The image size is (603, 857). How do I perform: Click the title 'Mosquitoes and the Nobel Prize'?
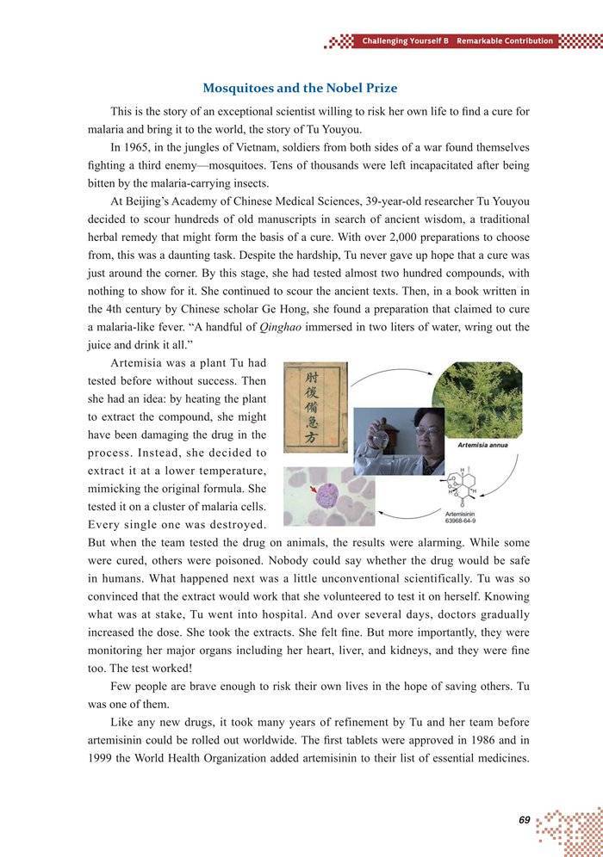coord(299,88)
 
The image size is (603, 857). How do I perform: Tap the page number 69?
coord(524,820)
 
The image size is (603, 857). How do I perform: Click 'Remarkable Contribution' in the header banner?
coord(505,41)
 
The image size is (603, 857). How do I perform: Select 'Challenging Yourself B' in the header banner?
coord(406,41)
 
